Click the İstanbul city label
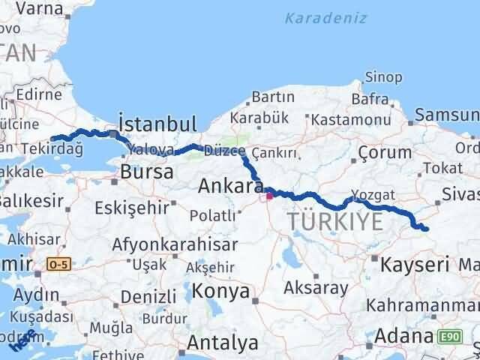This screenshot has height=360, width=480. (x=157, y=123)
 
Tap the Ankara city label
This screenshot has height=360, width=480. (x=230, y=187)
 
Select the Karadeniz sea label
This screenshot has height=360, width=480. (x=325, y=17)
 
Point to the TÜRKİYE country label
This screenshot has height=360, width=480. (x=334, y=222)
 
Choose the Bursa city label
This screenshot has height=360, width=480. (x=147, y=172)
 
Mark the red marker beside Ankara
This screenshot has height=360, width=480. (x=269, y=197)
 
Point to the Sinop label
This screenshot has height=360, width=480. (x=383, y=76)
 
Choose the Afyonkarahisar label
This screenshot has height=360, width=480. (x=175, y=244)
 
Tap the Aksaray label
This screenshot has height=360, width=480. (x=316, y=287)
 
